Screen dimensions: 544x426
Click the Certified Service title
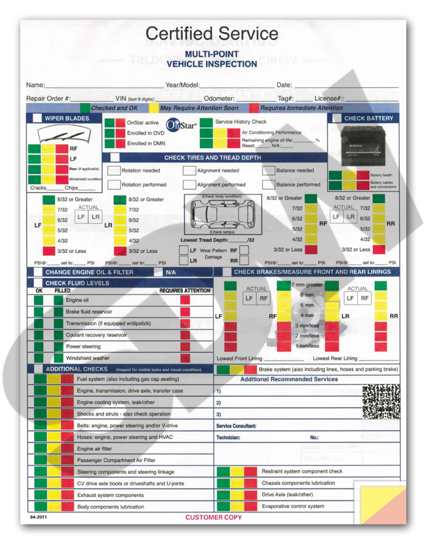click(212, 33)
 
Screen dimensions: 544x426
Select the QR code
click(381, 401)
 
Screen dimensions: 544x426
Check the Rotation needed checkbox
click(114, 170)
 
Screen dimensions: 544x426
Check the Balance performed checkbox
click(268, 185)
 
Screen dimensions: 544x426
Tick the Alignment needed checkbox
click(189, 170)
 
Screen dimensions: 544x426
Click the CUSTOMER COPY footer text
click(214, 517)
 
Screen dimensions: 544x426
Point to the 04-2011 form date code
click(38, 517)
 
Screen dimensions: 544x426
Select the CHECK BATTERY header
click(369, 119)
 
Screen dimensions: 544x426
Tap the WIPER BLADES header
click(67, 119)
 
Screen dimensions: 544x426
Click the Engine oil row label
click(77, 300)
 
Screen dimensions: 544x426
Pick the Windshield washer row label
click(88, 358)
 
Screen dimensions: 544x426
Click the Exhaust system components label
click(110, 495)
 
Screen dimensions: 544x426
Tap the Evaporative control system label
click(293, 506)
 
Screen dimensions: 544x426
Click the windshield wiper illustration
click(63, 136)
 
